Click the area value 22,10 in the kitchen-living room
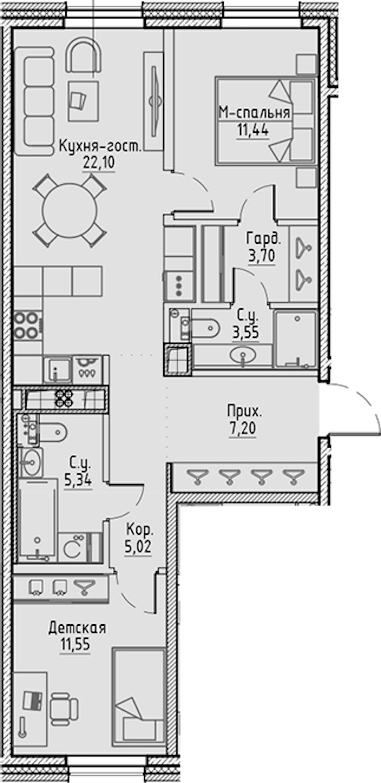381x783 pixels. click(x=99, y=163)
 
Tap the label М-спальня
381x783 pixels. click(x=255, y=113)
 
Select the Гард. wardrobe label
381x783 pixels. click(x=263, y=238)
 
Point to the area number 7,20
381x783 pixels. click(x=243, y=428)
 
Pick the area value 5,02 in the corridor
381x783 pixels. click(x=138, y=546)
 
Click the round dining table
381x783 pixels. click(x=70, y=211)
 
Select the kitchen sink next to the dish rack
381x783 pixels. click(x=58, y=369)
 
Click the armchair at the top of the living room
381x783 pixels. click(x=84, y=56)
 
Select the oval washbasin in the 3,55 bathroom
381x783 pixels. click(x=243, y=356)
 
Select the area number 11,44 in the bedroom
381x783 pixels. click(x=253, y=131)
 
